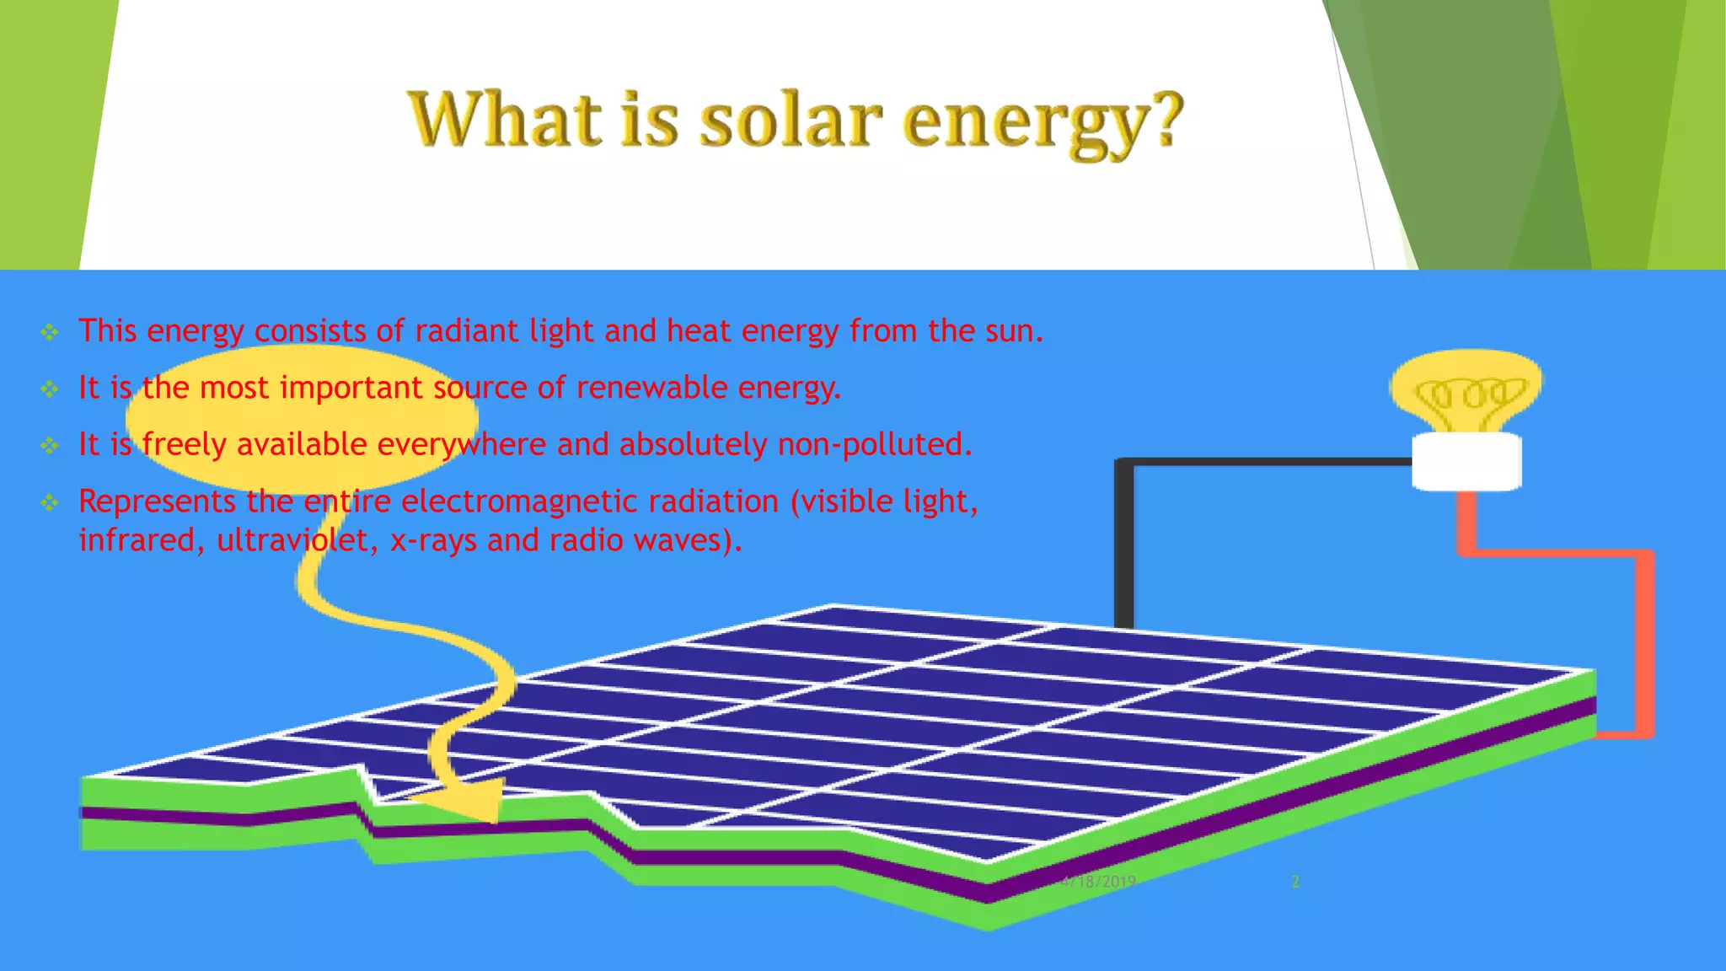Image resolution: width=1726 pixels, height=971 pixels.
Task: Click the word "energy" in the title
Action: [x=1020, y=125]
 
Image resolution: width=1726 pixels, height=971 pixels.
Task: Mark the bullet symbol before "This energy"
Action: [x=50, y=332]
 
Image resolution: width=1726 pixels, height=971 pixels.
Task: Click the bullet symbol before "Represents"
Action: [x=50, y=503]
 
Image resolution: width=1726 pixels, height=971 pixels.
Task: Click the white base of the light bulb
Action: [x=1466, y=461]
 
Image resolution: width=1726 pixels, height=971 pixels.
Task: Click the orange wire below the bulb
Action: [x=1643, y=641]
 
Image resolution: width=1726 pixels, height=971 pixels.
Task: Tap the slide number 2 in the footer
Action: [x=1295, y=882]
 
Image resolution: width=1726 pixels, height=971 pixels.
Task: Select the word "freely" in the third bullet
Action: [x=183, y=444]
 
